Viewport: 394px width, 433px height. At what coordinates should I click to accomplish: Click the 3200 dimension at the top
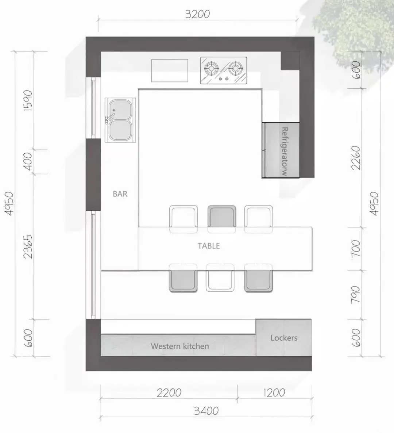198,14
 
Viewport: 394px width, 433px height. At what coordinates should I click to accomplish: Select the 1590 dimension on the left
28,100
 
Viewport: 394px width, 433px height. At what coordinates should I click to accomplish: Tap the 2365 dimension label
28,246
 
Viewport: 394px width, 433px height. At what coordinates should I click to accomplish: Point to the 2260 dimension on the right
356,158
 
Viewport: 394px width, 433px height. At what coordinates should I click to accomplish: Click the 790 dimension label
356,295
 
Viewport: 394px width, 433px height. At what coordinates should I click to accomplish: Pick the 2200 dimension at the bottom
169,392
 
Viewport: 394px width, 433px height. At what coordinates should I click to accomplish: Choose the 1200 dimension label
274,392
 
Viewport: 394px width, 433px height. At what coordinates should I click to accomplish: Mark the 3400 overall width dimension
206,411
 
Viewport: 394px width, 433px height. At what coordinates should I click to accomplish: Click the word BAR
120,194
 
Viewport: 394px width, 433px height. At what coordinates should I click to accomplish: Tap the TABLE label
209,246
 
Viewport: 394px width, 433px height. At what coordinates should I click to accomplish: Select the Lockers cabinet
284,338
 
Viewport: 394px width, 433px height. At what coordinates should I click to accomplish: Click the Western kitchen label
180,346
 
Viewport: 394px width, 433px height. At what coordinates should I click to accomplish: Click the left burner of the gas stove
211,68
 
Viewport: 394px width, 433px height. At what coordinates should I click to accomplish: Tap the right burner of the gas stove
236,68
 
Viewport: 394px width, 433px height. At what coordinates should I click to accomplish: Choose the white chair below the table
220,277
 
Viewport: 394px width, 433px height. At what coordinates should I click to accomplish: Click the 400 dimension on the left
28,161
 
